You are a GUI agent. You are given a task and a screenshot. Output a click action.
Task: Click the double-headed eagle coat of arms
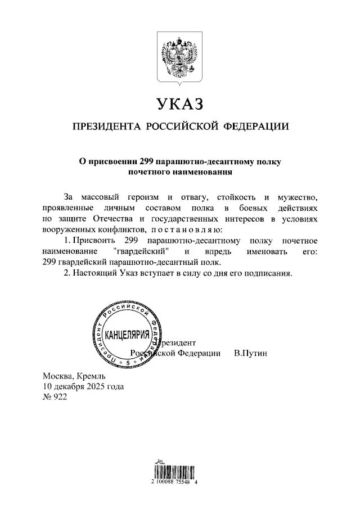tap(179, 57)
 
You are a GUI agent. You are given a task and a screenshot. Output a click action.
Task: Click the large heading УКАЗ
tap(179, 105)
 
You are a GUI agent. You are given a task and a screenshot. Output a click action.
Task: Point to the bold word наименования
tap(205, 172)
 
